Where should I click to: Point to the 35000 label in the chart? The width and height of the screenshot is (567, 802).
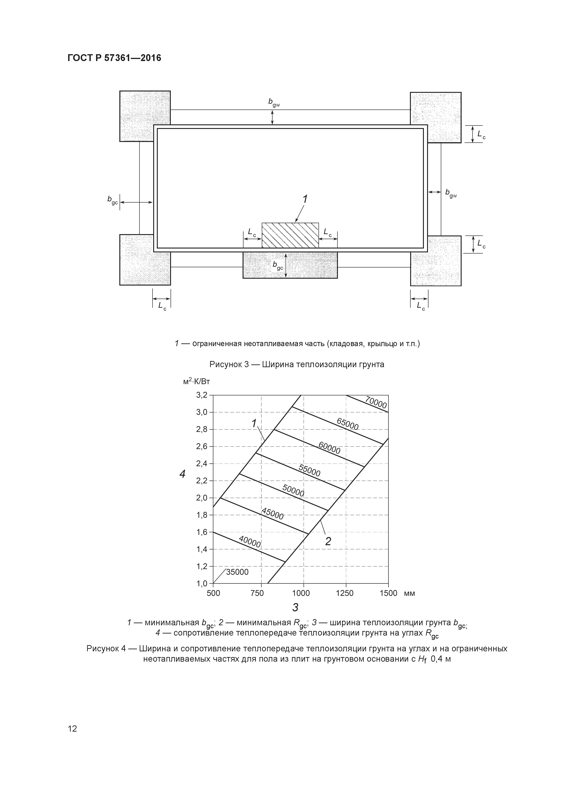tap(237, 572)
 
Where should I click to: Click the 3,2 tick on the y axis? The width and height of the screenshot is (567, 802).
tap(202, 395)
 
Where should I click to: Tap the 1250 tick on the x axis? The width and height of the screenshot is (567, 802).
tap(345, 593)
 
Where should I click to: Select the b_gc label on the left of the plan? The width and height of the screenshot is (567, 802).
tap(112, 200)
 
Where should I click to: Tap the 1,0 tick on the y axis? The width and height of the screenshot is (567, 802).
tap(202, 583)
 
